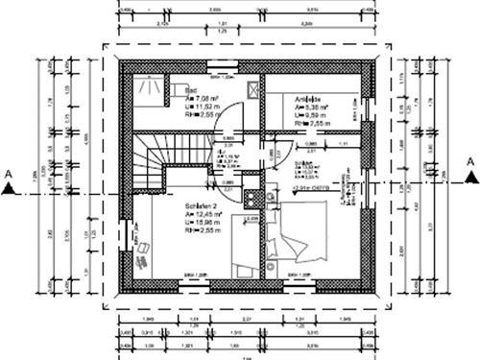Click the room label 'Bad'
[191, 88]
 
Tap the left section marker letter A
[9, 173]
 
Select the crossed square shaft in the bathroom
[252, 89]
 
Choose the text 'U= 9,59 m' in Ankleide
[287, 114]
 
